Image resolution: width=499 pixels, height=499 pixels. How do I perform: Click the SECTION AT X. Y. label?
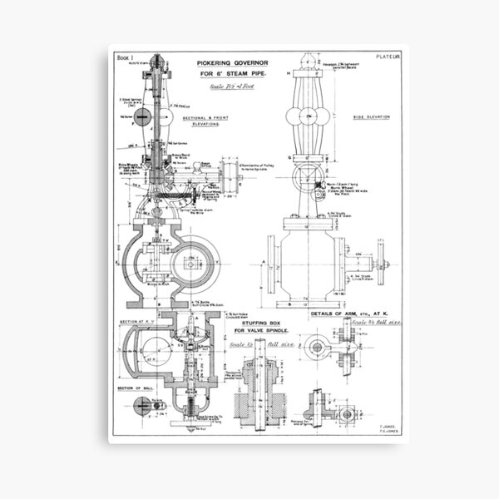tap(138, 323)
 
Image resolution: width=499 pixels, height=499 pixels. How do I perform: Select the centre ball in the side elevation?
tap(307, 115)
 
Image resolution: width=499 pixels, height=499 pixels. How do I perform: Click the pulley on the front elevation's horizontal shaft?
tap(228, 176)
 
